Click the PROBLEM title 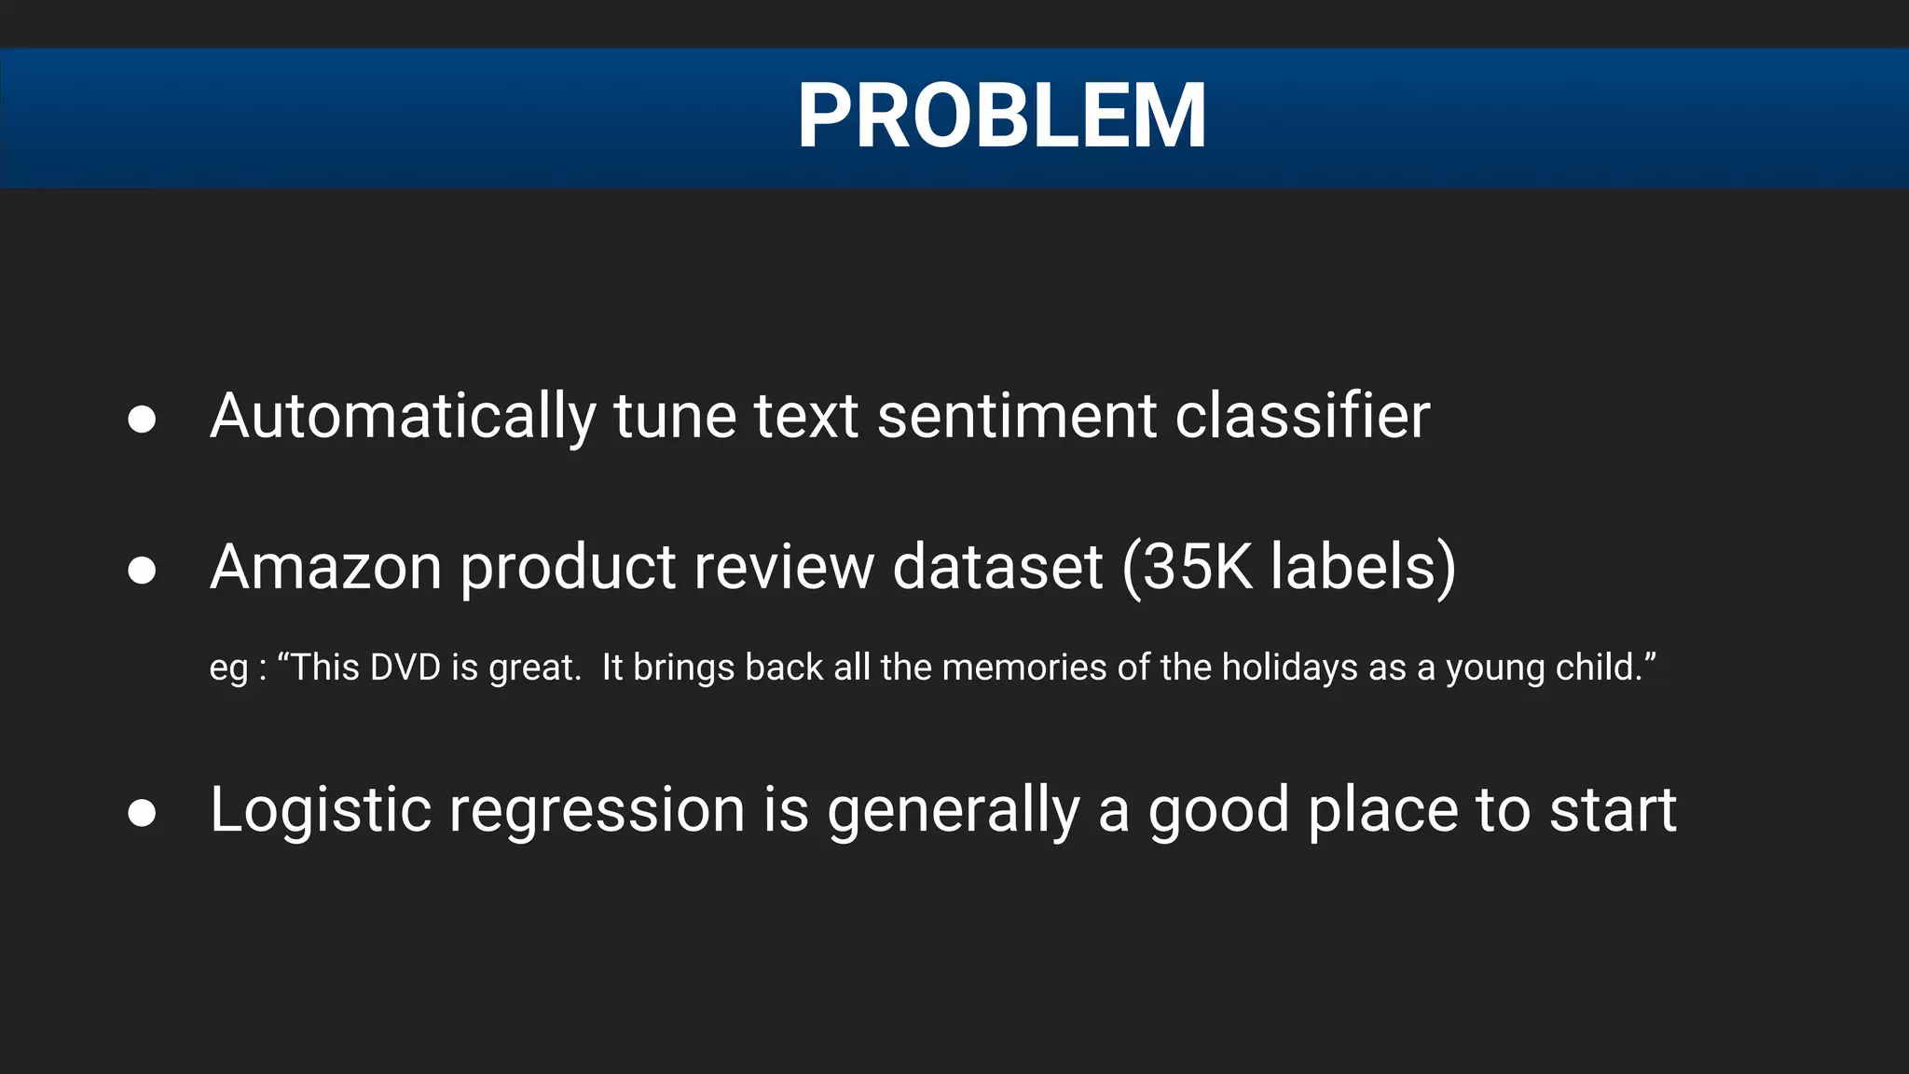(x=1001, y=116)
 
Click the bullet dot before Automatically (x=142, y=420)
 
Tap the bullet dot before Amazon (x=142, y=571)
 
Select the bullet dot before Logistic (x=142, y=813)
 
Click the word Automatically (x=403, y=417)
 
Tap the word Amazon (x=325, y=568)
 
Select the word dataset (x=997, y=568)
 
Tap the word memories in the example (x=1024, y=668)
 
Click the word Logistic (x=320, y=810)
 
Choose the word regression (x=597, y=810)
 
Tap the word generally (x=953, y=810)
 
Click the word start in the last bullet (x=1612, y=810)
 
